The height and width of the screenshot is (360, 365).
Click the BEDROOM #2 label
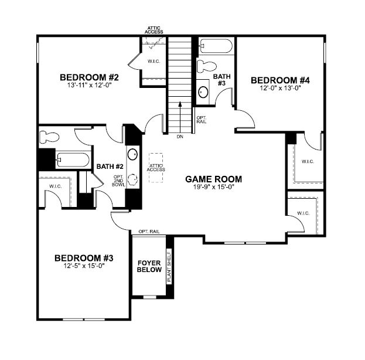(x=90, y=77)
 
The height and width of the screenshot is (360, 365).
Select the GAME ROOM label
(x=214, y=179)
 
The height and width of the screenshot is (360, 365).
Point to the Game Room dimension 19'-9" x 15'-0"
(x=214, y=188)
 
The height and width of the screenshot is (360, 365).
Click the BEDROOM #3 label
(x=83, y=257)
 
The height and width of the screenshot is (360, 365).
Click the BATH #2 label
(x=109, y=166)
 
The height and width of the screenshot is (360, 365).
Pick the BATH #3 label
(x=221, y=80)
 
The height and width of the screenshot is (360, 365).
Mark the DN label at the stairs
(x=180, y=137)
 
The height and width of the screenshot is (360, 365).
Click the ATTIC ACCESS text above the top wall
(x=155, y=29)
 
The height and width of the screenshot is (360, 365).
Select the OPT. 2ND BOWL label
(x=119, y=184)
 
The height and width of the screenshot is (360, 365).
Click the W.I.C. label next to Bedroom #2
(x=154, y=62)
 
